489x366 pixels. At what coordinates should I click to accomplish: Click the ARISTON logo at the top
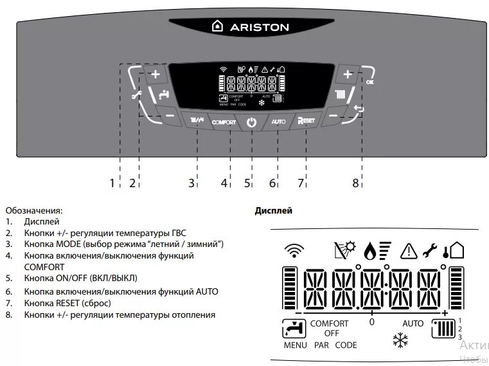(x=251, y=27)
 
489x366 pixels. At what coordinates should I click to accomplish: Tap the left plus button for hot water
(x=155, y=75)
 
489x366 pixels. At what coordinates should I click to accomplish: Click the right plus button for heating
(x=348, y=75)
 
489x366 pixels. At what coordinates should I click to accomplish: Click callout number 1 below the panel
(x=112, y=183)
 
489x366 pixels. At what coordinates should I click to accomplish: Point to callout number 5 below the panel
(x=247, y=183)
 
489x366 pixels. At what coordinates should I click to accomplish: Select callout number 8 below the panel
(x=355, y=183)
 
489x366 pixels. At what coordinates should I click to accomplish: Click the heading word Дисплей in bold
(x=274, y=210)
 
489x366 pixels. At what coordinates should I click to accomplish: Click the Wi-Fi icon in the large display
(x=294, y=250)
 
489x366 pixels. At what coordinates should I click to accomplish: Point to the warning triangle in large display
(x=409, y=250)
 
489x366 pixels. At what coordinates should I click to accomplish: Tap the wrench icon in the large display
(x=431, y=250)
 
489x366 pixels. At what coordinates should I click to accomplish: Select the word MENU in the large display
(x=296, y=345)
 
